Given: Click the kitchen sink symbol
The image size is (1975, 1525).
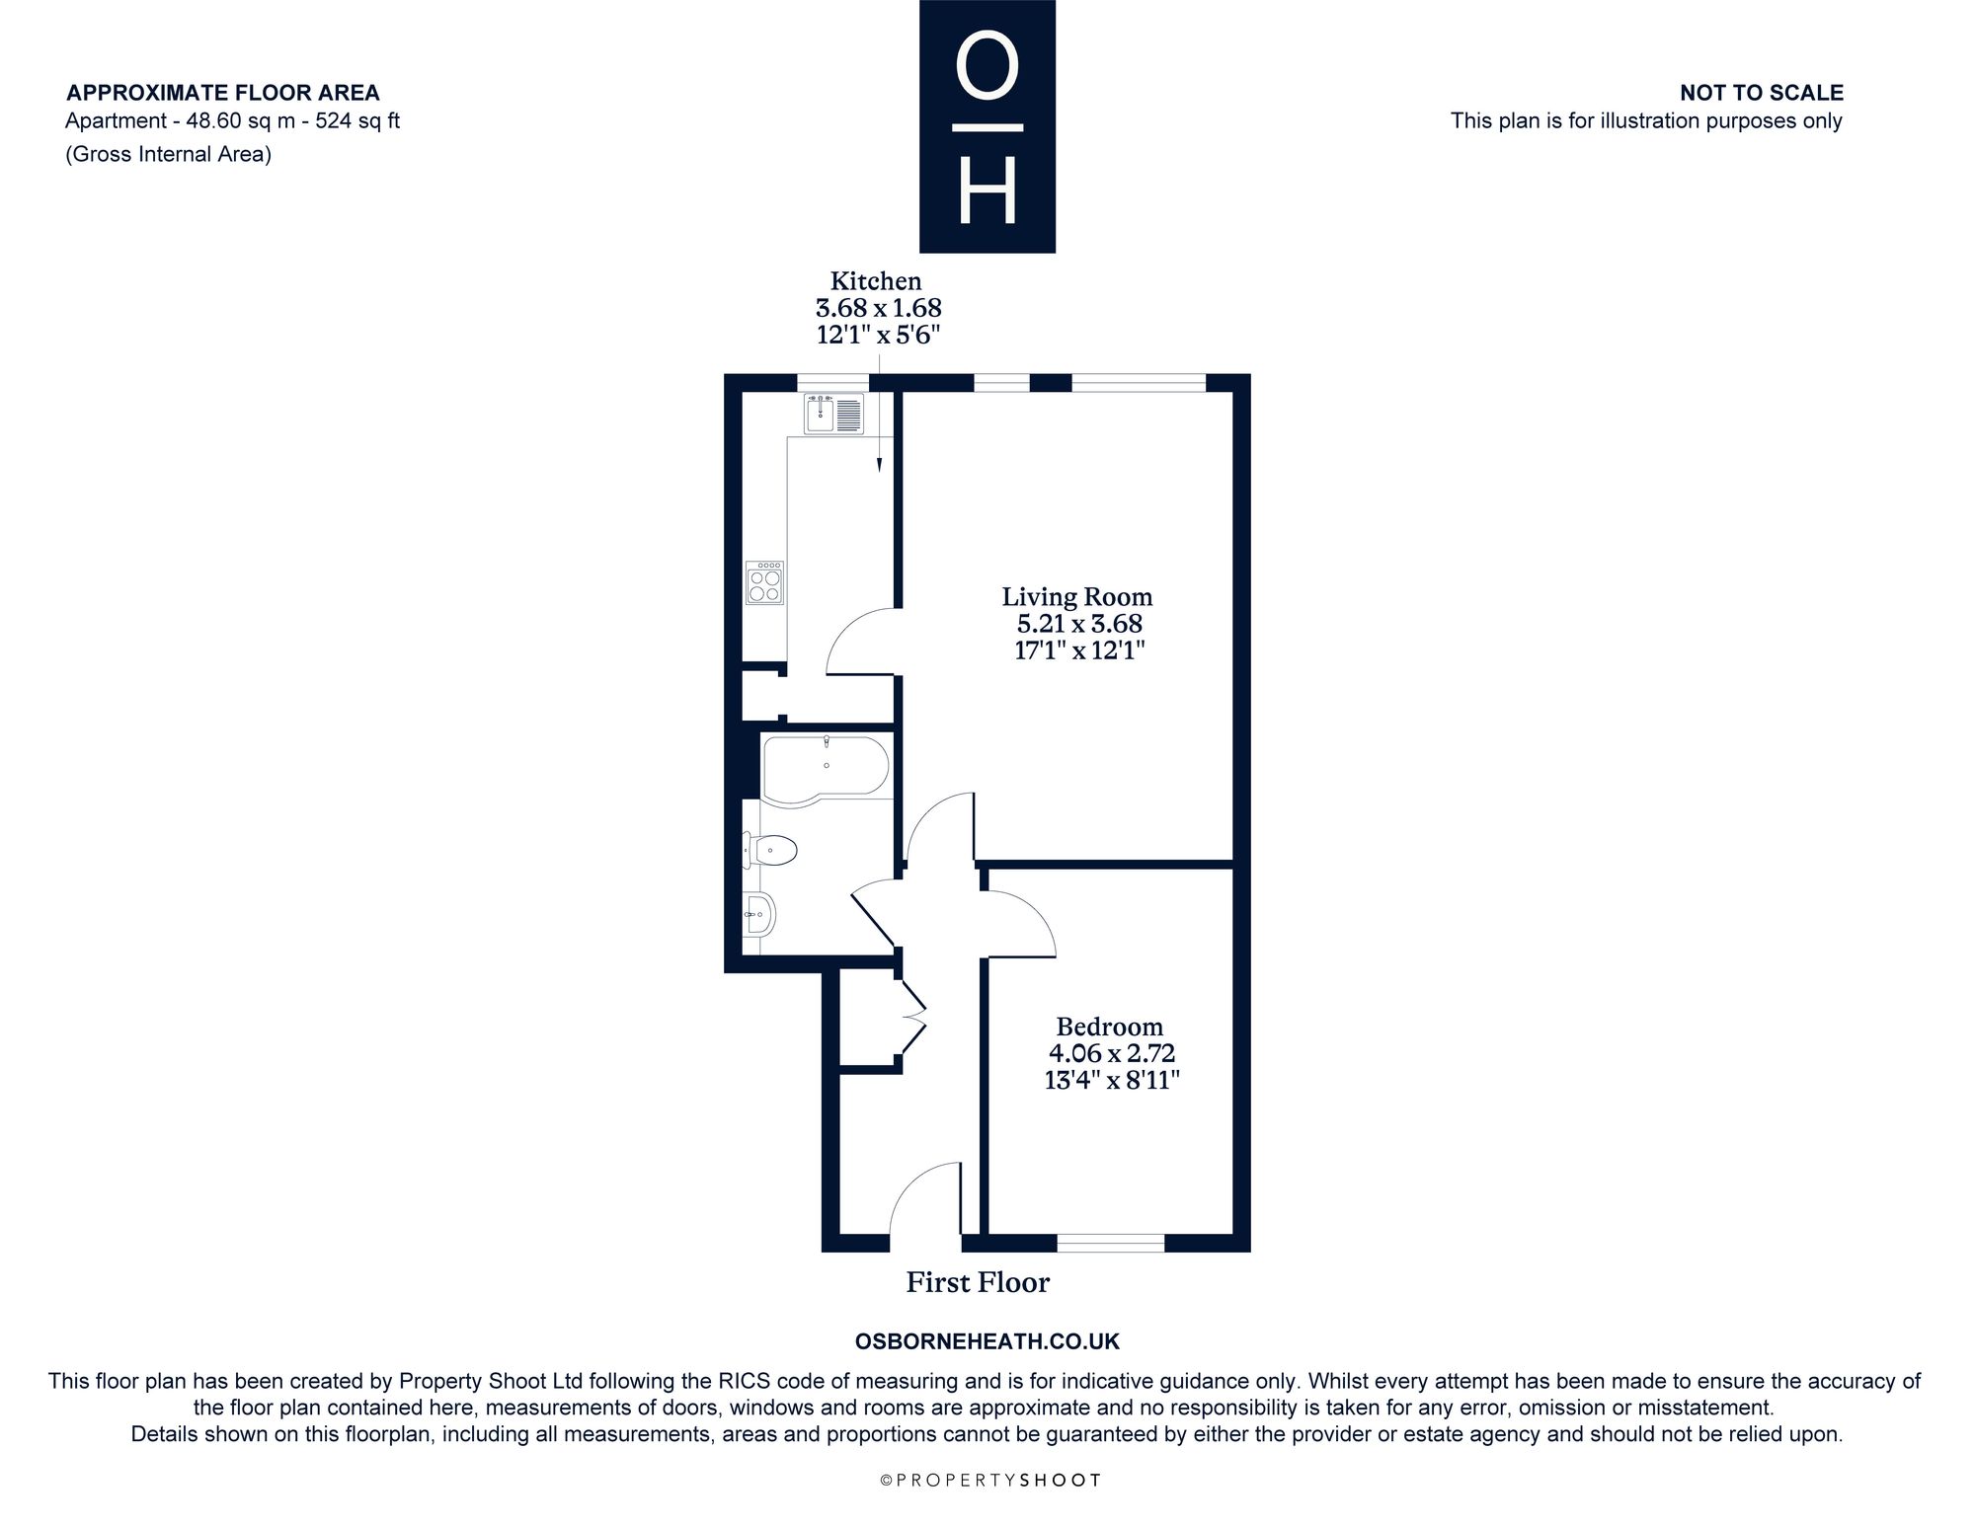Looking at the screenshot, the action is pyautogui.click(x=833, y=414).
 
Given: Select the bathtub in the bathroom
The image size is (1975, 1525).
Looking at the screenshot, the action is pyautogui.click(x=826, y=766).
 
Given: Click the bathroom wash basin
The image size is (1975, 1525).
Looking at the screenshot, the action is pyautogui.click(x=759, y=914).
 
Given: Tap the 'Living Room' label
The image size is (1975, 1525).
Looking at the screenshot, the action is pyautogui.click(x=1077, y=596).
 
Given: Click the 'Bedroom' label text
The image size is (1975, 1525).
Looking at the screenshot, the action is pyautogui.click(x=1109, y=1027).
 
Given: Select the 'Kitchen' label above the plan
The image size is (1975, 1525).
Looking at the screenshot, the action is pyautogui.click(x=876, y=281).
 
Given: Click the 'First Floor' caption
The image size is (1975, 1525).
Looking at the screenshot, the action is pyautogui.click(x=978, y=1282).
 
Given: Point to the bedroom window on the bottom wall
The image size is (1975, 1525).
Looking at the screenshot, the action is pyautogui.click(x=1111, y=1243).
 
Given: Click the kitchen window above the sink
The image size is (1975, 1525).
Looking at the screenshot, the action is pyautogui.click(x=833, y=383).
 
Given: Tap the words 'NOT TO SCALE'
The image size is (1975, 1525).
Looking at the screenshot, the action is pyautogui.click(x=1762, y=93).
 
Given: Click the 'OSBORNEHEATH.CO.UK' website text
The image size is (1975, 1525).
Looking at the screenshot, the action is pyautogui.click(x=987, y=1341).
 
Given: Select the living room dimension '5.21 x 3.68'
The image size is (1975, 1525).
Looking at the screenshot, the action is pyautogui.click(x=1079, y=624).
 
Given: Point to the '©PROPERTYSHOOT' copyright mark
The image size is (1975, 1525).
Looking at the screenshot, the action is pyautogui.click(x=989, y=1480).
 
